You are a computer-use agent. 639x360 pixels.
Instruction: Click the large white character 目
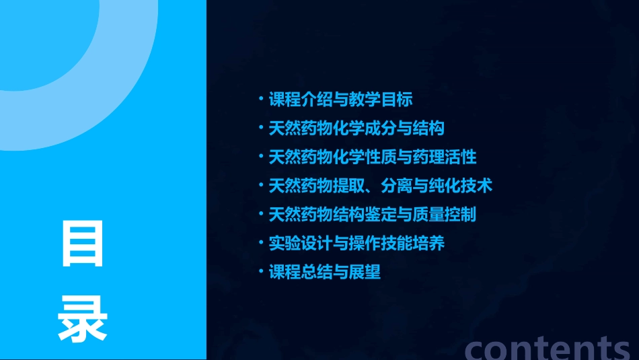pyautogui.click(x=83, y=244)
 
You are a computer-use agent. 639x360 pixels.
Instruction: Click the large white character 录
pyautogui.click(x=83, y=319)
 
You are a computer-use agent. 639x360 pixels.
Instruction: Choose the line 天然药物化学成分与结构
pyautogui.click(x=356, y=129)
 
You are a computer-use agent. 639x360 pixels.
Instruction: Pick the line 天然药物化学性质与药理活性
pyautogui.click(x=373, y=157)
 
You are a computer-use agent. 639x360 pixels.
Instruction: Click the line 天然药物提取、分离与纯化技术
pyautogui.click(x=381, y=186)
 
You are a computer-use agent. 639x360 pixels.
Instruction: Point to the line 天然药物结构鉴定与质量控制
pyautogui.click(x=373, y=215)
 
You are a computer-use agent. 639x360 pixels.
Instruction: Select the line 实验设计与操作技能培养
pyautogui.click(x=356, y=244)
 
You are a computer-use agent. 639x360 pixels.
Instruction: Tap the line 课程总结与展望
pyautogui.click(x=324, y=273)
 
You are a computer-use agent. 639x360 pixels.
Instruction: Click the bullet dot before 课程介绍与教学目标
pyautogui.click(x=262, y=100)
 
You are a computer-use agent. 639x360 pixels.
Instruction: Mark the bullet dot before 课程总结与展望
pyautogui.click(x=262, y=273)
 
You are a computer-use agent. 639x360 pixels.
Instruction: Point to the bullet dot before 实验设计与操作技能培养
pyautogui.click(x=262, y=244)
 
